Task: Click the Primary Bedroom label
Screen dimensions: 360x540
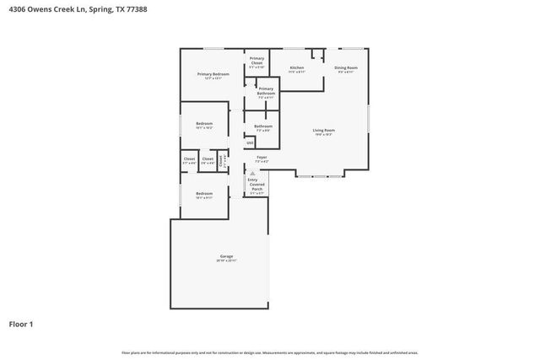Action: coord(213,74)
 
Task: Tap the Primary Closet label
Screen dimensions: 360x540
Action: coord(256,60)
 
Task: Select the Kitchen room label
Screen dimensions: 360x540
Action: coord(296,67)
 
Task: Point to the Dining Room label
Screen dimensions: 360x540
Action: coord(346,67)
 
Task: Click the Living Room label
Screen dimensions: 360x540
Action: coord(324,130)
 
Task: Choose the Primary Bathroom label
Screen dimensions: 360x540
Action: coord(265,90)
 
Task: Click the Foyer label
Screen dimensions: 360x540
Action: coord(262,157)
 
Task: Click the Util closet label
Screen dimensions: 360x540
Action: coord(250,143)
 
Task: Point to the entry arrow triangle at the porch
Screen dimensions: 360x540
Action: coord(251,173)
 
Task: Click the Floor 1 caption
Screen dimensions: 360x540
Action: coord(22,324)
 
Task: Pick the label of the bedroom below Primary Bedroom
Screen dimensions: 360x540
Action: coord(204,124)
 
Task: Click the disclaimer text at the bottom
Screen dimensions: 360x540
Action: coord(269,352)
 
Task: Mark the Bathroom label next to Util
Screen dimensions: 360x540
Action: coord(262,126)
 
